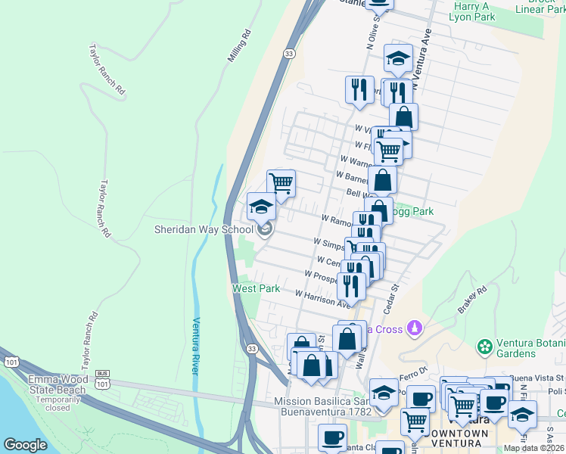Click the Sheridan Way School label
pyautogui.click(x=203, y=229)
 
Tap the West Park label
pyautogui.click(x=255, y=288)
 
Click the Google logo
pyautogui.click(x=26, y=445)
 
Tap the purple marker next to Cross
pyautogui.click(x=413, y=328)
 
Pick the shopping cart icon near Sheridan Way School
pyautogui.click(x=281, y=183)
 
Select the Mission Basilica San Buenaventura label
pyautogui.click(x=323, y=406)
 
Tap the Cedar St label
pyautogui.click(x=391, y=299)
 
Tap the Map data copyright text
pyautogui.click(x=533, y=448)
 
